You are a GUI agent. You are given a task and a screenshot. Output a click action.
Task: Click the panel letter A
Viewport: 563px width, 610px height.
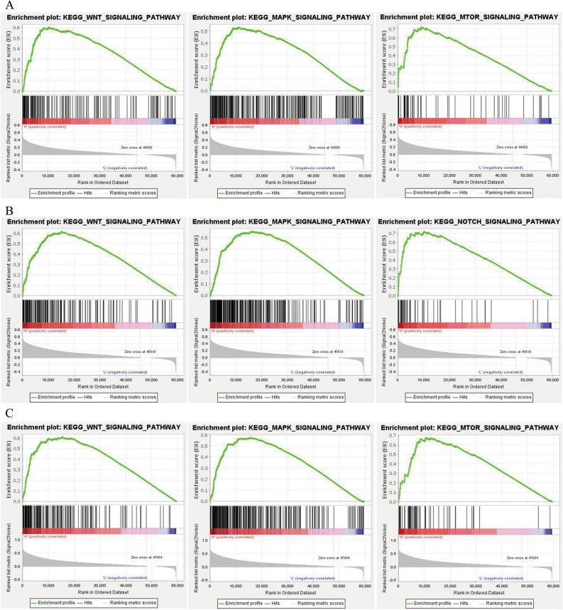pyautogui.click(x=9, y=6)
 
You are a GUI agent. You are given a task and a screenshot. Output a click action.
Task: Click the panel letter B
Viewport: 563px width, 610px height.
pyautogui.click(x=9, y=210)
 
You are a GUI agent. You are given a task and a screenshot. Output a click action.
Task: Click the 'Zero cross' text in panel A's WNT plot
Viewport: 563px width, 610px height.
pyautogui.click(x=134, y=147)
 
